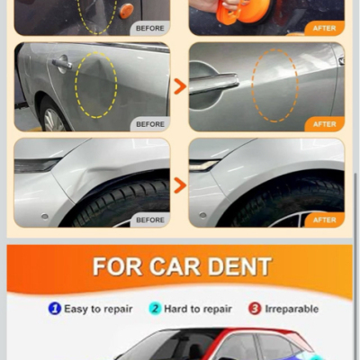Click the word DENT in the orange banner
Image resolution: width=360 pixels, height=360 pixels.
(x=239, y=266)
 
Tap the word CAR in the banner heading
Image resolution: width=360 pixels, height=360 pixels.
(x=175, y=266)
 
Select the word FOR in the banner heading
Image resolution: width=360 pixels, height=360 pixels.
(x=117, y=266)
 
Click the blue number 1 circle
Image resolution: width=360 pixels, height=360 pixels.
(x=55, y=309)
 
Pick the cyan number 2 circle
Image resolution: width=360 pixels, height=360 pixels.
(x=155, y=309)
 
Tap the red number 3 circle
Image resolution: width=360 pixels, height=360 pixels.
(x=255, y=309)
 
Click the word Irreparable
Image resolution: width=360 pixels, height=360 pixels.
(x=292, y=309)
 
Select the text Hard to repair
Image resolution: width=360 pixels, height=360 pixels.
(x=198, y=309)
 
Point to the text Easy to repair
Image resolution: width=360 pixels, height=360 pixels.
(x=98, y=309)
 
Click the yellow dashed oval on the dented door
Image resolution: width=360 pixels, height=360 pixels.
(x=75, y=85)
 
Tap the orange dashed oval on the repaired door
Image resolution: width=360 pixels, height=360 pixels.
(x=252, y=85)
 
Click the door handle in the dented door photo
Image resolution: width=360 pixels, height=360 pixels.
(x=62, y=63)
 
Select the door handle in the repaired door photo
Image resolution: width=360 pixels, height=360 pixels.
(x=213, y=84)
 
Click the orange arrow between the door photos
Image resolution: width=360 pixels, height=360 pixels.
(x=181, y=86)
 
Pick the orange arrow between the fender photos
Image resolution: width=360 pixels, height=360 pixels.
(x=181, y=185)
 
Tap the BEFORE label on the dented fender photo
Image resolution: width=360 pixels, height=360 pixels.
(x=150, y=220)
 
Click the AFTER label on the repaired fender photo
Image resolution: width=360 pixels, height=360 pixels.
(x=325, y=220)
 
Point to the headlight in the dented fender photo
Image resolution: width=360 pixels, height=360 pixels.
(x=37, y=165)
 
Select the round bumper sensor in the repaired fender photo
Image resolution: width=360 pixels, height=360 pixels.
(x=202, y=215)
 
